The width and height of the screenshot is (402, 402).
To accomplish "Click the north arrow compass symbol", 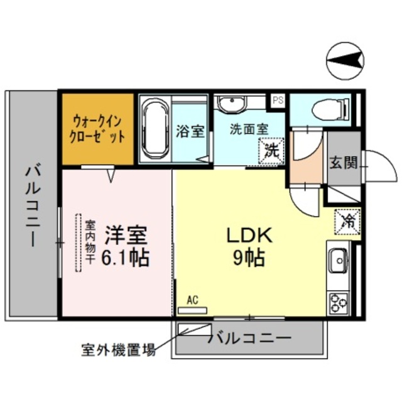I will click(345, 61).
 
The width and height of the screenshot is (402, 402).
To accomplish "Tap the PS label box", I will click(277, 99).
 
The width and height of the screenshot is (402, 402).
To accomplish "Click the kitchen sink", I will click(338, 258).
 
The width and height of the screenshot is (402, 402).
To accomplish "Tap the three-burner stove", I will click(339, 303).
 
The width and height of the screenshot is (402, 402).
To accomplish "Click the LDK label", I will click(248, 236).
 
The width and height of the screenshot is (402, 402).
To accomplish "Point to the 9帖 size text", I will click(249, 258).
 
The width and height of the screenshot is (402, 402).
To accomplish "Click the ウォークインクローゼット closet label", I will click(98, 128).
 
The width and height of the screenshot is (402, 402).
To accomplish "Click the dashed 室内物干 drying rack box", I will click(80, 242).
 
